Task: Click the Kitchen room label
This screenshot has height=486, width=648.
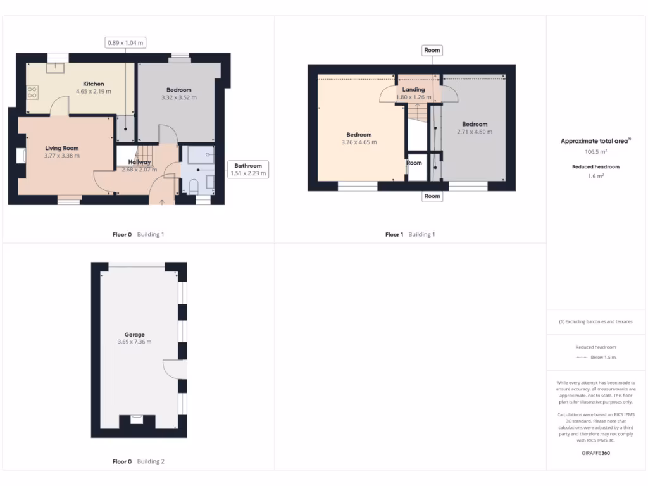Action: [94, 84]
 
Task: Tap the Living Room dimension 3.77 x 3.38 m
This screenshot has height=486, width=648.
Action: [62, 156]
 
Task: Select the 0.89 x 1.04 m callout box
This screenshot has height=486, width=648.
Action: [125, 43]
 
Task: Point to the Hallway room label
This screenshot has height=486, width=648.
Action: [139, 162]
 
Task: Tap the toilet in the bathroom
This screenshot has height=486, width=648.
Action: [194, 185]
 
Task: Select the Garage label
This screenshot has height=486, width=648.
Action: [134, 335]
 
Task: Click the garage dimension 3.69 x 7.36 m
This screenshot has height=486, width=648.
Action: [134, 342]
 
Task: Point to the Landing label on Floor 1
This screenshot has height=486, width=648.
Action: [413, 90]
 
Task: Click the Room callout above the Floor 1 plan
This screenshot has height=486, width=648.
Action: [432, 50]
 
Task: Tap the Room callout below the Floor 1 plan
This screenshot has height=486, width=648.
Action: [432, 196]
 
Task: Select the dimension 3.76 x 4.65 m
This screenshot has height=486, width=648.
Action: [359, 142]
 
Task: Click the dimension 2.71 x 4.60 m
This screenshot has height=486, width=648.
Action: [475, 132]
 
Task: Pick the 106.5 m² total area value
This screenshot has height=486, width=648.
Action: [595, 152]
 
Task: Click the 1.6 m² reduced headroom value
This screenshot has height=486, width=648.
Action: [595, 176]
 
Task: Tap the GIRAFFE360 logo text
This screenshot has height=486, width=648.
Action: [595, 453]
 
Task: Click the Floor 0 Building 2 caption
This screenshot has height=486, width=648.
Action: [139, 461]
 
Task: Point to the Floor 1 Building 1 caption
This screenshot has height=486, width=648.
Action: [410, 234]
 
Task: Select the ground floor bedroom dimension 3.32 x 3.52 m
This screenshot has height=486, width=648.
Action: [179, 97]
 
